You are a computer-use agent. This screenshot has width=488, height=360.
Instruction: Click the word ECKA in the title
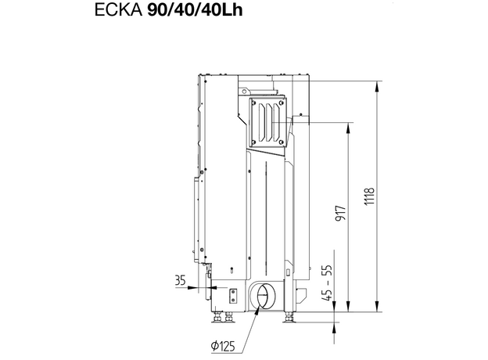tap(118, 11)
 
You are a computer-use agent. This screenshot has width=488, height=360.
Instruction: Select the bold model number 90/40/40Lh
tap(195, 11)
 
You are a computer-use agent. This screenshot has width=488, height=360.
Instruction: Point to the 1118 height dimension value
tap(370, 196)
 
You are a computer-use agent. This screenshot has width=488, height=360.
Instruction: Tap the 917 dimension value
tap(340, 214)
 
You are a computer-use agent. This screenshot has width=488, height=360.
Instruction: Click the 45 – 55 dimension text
tap(328, 283)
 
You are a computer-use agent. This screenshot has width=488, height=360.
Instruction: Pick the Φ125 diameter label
tap(223, 346)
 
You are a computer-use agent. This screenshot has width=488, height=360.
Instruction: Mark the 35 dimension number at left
tap(180, 280)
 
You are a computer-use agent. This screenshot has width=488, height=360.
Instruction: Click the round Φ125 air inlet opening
tap(262, 295)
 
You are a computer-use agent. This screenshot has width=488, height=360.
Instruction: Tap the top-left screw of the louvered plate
tap(253, 103)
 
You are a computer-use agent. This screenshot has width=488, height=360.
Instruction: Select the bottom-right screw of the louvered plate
tap(282, 142)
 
